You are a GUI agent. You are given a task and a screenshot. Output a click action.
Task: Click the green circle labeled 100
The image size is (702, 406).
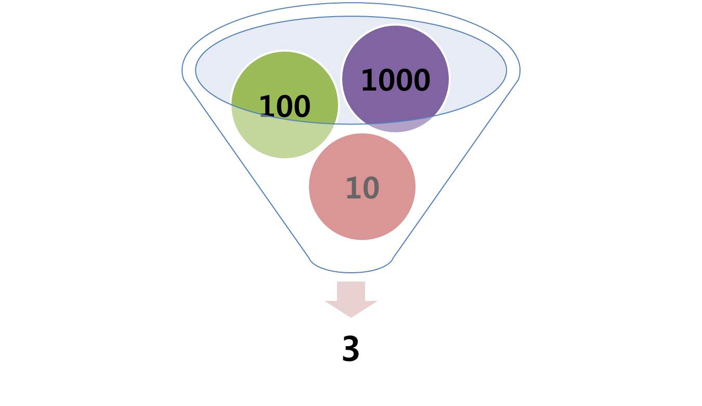coord(284,105)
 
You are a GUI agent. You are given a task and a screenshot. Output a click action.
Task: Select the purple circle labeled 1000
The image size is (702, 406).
coord(396,79)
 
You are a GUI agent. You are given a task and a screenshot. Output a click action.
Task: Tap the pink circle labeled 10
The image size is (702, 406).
coord(362,187)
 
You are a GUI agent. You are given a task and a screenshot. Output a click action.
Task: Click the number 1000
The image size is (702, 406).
coord(396,80)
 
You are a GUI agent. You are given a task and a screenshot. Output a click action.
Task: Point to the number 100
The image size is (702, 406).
coord(285,106)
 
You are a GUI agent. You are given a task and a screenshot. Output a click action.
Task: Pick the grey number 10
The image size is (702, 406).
coord(362,188)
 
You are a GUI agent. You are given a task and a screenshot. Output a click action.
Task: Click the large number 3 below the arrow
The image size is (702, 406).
coord(350,349)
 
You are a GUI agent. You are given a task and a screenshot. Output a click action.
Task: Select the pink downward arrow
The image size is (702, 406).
coord(351,300)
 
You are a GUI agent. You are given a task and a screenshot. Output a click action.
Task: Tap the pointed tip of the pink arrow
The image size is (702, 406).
coord(351,318)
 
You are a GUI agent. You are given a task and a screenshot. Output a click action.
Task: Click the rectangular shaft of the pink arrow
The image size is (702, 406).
coord(351,291)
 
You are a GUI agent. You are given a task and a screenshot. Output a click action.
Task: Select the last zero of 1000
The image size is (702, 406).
coord(422,80)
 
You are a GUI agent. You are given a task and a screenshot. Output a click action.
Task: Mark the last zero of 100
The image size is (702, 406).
coord(302,106)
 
